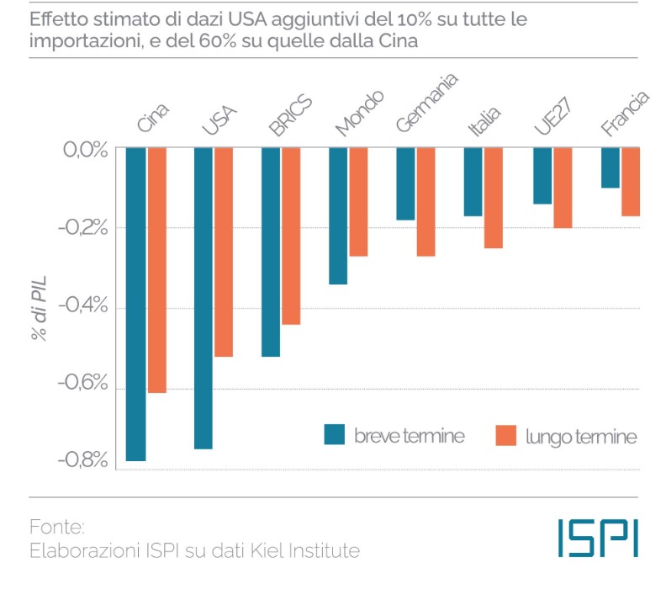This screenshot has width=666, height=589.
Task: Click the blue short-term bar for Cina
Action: pyautogui.click(x=136, y=304)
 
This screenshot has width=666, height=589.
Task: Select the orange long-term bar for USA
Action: pyautogui.click(x=224, y=252)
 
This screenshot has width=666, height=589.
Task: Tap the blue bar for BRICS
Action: pyautogui.click(x=271, y=252)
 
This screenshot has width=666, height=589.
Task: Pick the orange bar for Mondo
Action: pyautogui.click(x=358, y=202)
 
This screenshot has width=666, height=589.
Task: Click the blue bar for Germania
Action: pyautogui.click(x=405, y=183)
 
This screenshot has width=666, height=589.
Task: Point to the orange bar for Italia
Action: pyautogui.click(x=494, y=198)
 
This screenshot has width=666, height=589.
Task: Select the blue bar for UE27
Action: pyautogui.click(x=542, y=176)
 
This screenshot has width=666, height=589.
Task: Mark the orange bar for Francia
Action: pyautogui.click(x=631, y=182)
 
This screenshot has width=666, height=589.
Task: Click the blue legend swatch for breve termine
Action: pyautogui.click(x=335, y=435)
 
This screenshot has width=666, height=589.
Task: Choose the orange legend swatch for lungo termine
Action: pyautogui.click(x=506, y=436)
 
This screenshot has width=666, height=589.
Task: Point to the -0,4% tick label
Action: pyautogui.click(x=83, y=305)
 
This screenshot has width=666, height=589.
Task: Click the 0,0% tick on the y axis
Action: pyautogui.click(x=86, y=150)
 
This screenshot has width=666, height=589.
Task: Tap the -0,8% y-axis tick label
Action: pyautogui.click(x=83, y=459)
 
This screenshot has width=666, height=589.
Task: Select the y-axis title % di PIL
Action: pyautogui.click(x=39, y=308)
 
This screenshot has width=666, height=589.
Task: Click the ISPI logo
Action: pyautogui.click(x=598, y=538)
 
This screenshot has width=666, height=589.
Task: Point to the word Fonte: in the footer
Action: pyautogui.click(x=57, y=528)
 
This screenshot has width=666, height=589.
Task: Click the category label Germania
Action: pyautogui.click(x=426, y=103)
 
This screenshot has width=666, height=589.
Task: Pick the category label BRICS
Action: pyautogui.click(x=290, y=115)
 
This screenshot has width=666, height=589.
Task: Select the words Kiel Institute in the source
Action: pyautogui.click(x=305, y=551)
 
